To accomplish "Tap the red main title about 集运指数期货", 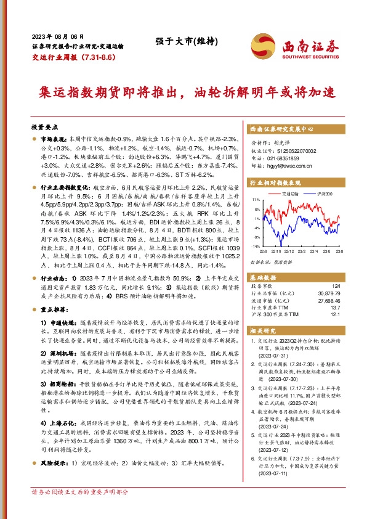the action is click(x=183, y=92).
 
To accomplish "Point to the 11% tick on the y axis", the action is click(x=256, y=200).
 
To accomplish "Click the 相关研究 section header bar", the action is click(x=294, y=331).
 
